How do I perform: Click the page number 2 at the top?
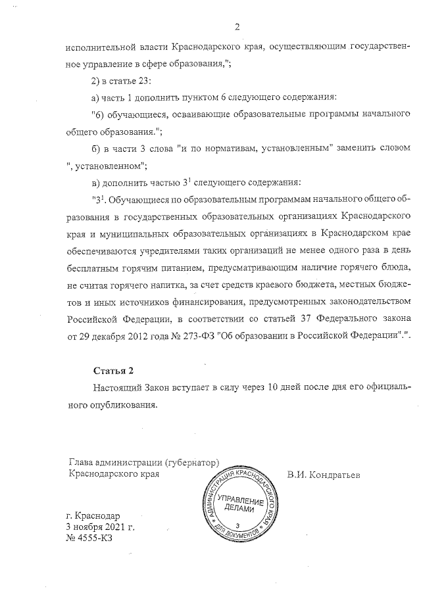237,26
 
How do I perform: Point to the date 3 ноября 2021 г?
99,527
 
